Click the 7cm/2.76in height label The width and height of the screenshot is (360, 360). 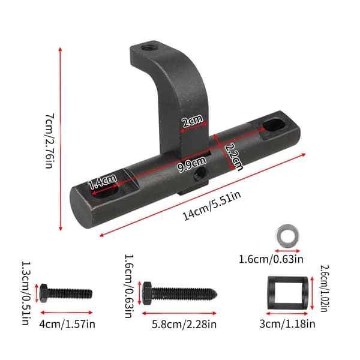point(50,141)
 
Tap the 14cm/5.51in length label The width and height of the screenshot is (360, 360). point(212,205)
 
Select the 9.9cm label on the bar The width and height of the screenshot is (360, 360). point(192,164)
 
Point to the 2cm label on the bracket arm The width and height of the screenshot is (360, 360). point(193,121)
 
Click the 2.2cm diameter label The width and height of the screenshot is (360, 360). point(233,157)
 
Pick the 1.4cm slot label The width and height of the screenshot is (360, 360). point(102,181)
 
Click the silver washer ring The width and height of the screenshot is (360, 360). point(287,236)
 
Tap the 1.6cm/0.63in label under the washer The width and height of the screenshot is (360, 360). point(271,259)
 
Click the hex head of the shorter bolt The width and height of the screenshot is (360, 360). point(43,293)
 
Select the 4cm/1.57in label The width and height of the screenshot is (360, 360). point(67,324)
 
